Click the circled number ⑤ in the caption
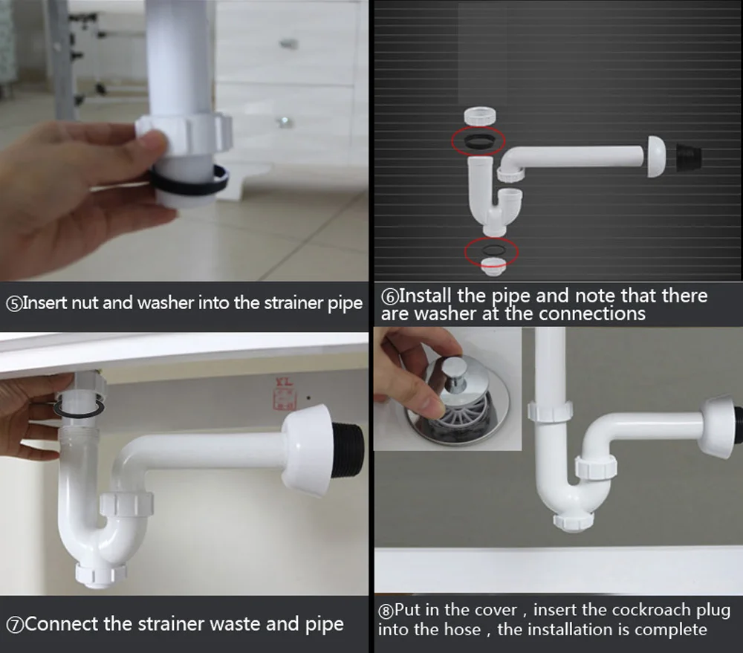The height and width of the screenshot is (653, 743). tap(13, 304)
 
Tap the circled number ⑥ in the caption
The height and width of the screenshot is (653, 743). tap(389, 296)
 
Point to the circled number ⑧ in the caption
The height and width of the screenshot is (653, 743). tap(386, 611)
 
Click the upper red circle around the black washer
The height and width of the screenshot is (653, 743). tap(478, 140)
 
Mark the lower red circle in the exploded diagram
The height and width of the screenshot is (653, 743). tap(491, 253)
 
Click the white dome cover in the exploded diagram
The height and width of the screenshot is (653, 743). tap(656, 157)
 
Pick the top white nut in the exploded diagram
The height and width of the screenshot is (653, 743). tap(479, 117)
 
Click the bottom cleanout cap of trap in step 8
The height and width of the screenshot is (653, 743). tap(574, 521)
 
